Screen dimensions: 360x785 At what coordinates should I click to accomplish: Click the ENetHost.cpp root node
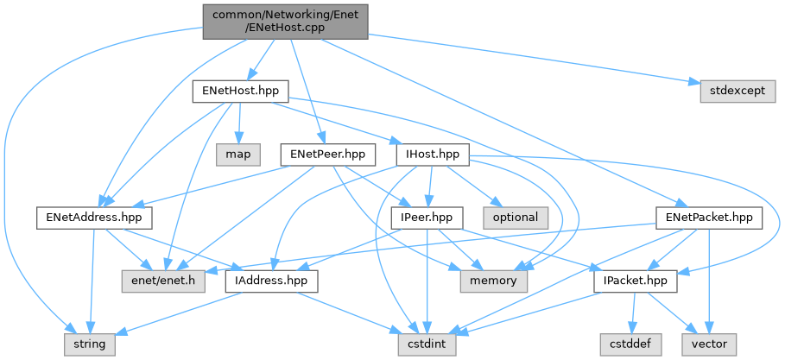click(285, 21)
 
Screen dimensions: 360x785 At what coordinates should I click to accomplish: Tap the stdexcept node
click(732, 91)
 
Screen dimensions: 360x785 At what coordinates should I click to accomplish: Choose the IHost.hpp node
click(432, 155)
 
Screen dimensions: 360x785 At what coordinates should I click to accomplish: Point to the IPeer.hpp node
click(427, 218)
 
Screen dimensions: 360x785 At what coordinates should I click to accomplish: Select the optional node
click(516, 218)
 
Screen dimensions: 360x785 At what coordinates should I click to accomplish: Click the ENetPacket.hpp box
click(709, 218)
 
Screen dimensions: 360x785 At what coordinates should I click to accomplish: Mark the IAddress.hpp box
click(271, 281)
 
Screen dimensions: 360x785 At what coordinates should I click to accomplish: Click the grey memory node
click(489, 281)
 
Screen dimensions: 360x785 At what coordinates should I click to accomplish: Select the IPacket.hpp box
click(636, 281)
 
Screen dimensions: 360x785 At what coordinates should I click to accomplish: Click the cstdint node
click(427, 344)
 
